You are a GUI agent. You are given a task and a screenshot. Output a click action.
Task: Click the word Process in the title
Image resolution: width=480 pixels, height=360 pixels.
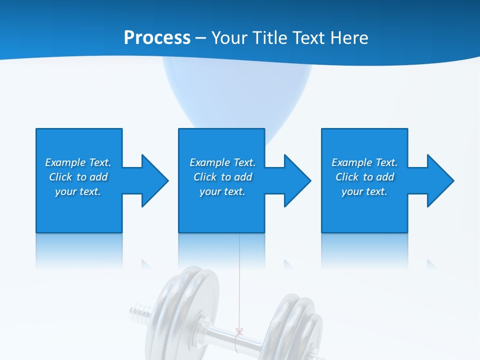point(157,38)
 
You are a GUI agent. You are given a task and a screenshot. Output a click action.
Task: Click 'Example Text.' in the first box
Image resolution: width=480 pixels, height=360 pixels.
point(78,162)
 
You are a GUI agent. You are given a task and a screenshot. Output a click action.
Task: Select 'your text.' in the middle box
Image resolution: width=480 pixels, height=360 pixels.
point(222,191)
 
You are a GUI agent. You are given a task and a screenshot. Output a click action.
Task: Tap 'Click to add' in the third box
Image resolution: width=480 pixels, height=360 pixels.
point(364,177)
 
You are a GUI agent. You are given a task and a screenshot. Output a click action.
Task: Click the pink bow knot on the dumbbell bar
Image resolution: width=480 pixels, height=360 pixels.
point(239,331)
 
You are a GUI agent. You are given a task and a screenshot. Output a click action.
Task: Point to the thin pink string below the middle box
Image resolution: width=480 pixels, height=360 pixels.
point(240,280)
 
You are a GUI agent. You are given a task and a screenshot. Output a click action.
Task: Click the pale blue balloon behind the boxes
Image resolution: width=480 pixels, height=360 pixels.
point(237,95)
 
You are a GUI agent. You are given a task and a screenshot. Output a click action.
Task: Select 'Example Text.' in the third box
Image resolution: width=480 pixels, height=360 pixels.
point(364,162)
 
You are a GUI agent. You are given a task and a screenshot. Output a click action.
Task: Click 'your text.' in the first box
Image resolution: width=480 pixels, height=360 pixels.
point(78,191)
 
